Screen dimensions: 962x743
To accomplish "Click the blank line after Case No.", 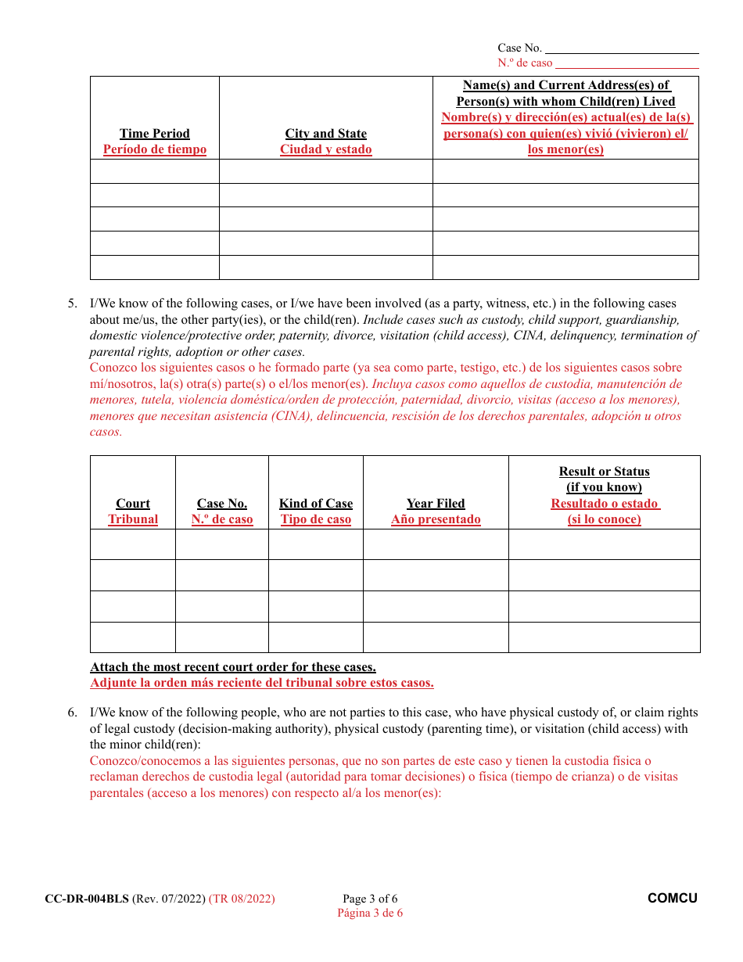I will coord(622,48).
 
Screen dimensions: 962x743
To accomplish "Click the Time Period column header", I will coord(155,134).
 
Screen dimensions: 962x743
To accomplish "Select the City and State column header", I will coord(325,134).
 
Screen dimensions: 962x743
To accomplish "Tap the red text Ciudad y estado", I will coord(325,149).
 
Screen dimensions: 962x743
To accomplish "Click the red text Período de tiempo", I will coord(155,149).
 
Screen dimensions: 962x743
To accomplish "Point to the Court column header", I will coord(133,504).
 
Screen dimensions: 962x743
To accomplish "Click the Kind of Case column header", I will coord(316,504).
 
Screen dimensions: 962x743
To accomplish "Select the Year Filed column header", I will coord(436,504).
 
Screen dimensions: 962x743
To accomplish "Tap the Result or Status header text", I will coord(604,472).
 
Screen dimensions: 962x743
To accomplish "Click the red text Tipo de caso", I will coord(316,519).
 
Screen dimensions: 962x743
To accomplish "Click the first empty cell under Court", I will coord(133,544).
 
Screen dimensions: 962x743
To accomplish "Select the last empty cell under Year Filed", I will coord(436,637).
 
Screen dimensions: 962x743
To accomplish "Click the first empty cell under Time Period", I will coord(155,171).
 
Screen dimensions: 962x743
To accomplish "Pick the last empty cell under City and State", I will coord(325,267).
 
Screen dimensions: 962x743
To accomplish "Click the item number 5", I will coord(72,303).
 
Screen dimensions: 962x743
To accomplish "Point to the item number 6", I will coord(72,713).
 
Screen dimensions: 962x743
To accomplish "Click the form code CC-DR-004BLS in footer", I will coord(87,899).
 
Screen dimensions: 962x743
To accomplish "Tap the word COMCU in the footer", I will coord(672,899).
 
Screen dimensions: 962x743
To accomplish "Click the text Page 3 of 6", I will coord(370,899).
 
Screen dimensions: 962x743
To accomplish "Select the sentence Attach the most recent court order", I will coord(233,667).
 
